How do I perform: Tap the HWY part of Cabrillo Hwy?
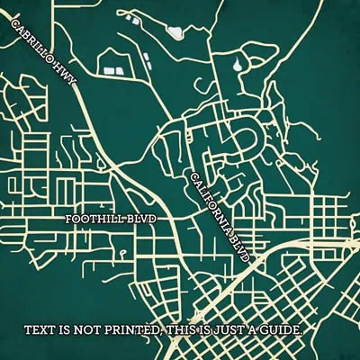[x=64, y=74]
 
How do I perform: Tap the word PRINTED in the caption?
[x=130, y=329]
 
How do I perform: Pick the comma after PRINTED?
[x=160, y=334]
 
